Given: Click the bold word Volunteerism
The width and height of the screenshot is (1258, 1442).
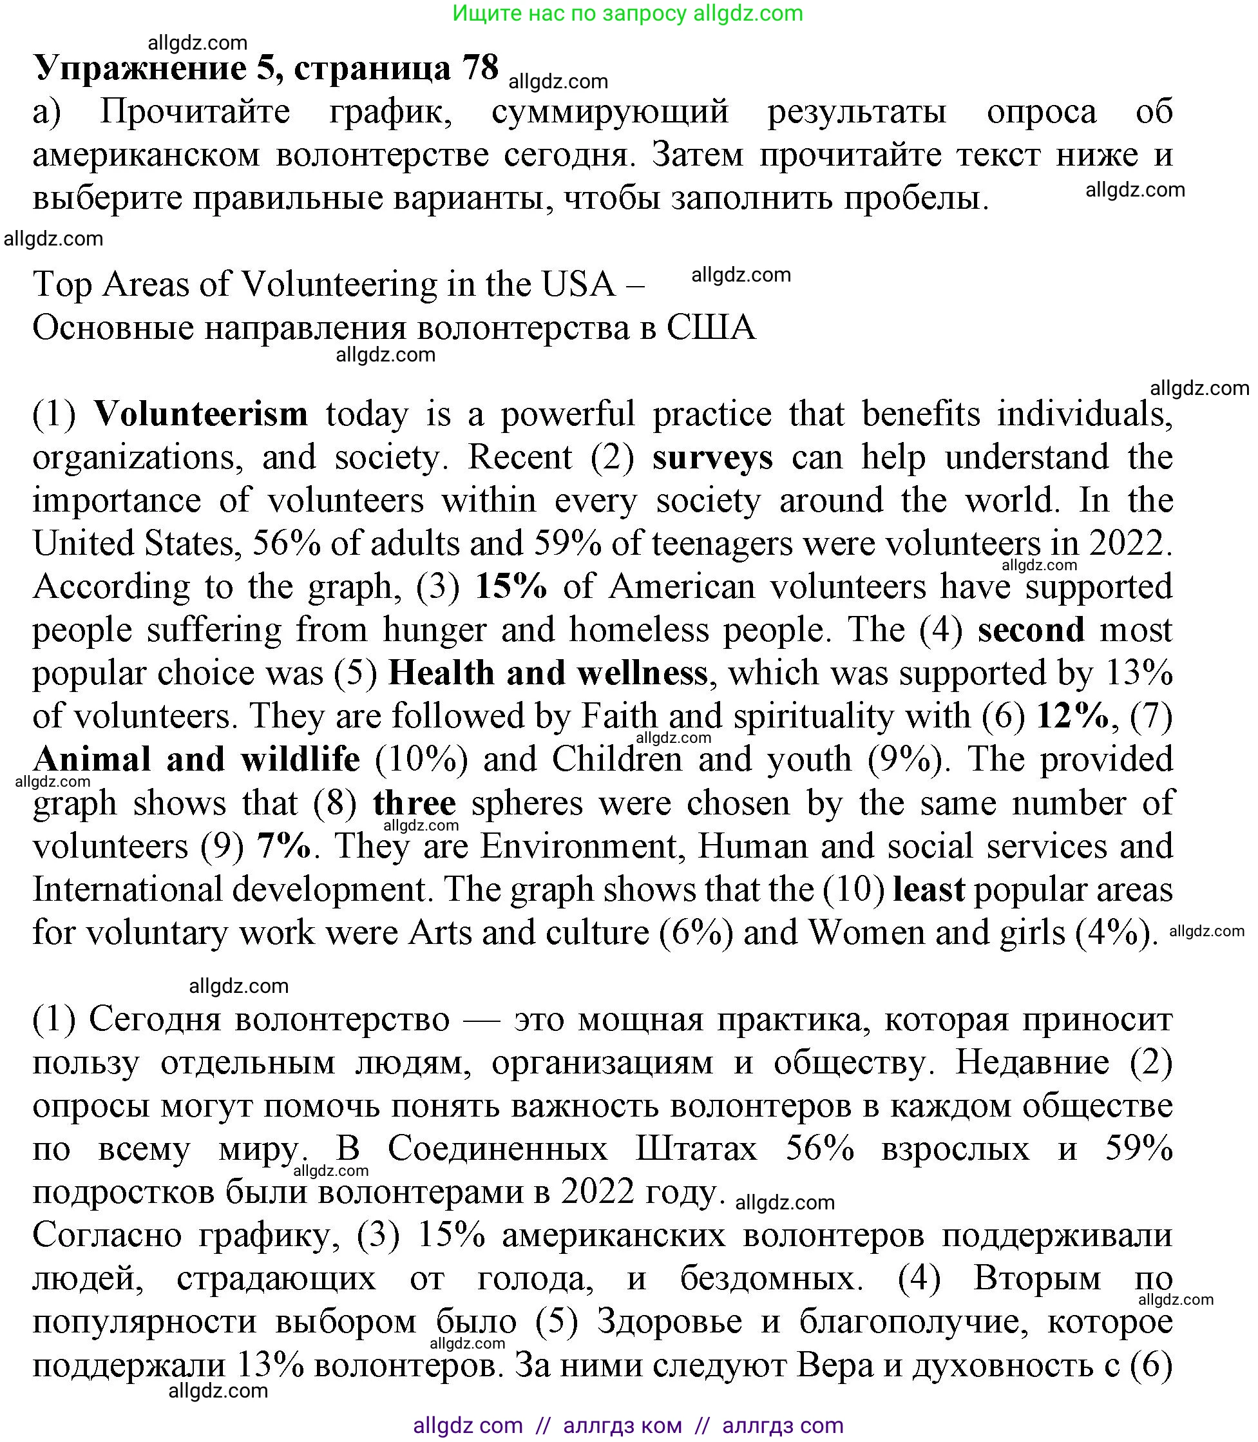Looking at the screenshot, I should pos(201,414).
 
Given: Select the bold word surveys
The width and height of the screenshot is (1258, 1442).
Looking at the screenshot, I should pos(712,457).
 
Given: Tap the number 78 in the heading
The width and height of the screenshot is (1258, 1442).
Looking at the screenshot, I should pos(480,68).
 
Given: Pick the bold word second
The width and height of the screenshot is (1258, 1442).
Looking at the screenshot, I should pos(1031,630).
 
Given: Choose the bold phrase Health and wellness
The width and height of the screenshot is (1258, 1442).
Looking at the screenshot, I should pos(548,673).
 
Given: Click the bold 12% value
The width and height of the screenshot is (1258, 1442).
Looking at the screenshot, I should pos(1072,716).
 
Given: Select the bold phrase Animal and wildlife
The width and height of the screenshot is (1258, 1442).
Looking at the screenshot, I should pos(196,760).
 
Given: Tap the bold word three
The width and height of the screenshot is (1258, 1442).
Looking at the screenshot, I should pos(414,803).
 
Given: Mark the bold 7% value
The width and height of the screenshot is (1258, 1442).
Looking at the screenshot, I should pos(283,847).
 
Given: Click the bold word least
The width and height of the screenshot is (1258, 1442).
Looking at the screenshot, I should pos(929,889).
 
